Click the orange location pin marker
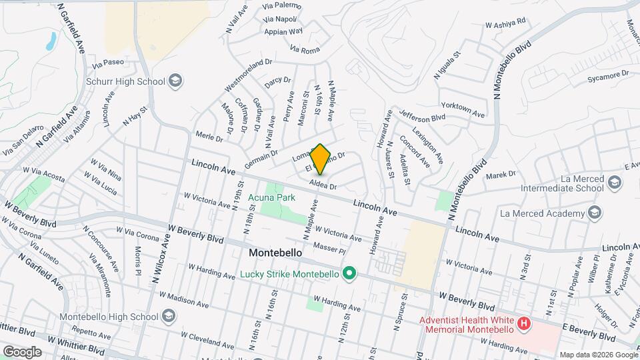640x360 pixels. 321,159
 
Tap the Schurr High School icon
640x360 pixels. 176,81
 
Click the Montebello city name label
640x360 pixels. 275,253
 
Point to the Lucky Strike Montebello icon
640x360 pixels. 348,274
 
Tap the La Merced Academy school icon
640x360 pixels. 595,213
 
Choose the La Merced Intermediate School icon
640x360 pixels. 615,182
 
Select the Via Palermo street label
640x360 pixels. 283,6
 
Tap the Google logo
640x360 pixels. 22,351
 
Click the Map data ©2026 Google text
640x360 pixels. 597,355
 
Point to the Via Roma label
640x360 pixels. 305,49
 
